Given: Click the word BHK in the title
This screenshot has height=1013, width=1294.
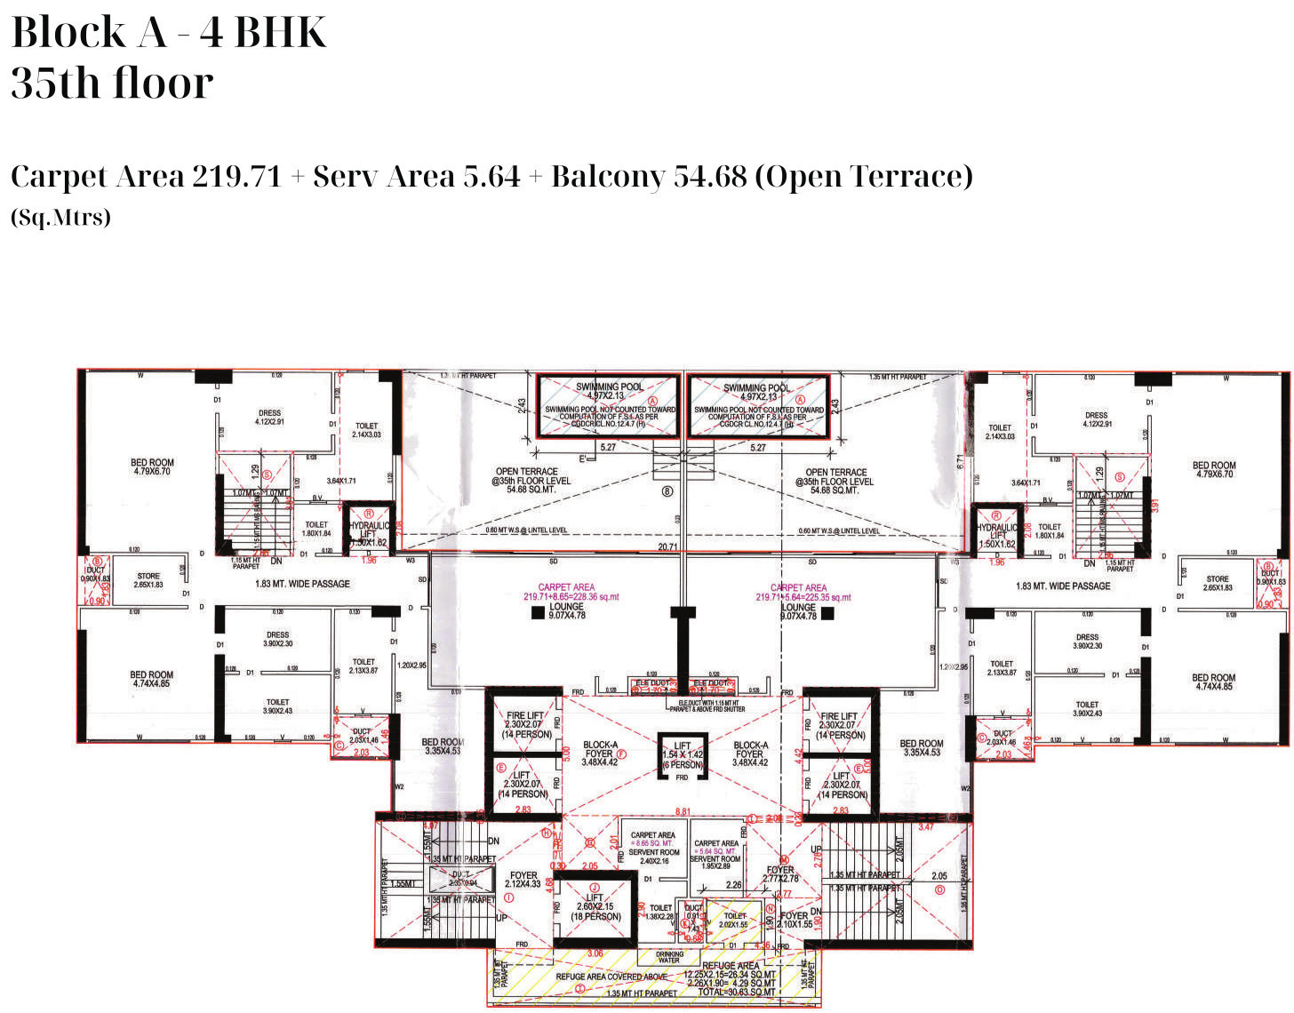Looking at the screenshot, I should (281, 33).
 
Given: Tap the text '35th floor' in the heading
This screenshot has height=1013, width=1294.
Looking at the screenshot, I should (112, 83).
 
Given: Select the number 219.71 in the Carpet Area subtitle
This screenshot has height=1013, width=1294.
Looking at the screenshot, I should (236, 176).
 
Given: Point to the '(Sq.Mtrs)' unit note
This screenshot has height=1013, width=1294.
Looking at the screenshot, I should (60, 217).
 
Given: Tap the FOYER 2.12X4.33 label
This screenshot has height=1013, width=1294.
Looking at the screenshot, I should (523, 880).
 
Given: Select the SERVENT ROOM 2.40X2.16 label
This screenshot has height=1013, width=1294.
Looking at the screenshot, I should (654, 857).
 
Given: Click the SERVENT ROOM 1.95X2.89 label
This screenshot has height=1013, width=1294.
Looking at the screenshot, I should (715, 862).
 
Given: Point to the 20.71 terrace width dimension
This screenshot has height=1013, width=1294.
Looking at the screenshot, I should (667, 547).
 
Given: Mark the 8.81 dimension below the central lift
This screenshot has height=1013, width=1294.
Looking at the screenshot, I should (683, 812).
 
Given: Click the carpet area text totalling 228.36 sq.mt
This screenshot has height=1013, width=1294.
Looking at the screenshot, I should (566, 596).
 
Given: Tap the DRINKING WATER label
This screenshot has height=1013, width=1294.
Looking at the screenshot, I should (669, 957).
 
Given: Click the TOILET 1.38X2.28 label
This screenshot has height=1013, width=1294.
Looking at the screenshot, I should (660, 912).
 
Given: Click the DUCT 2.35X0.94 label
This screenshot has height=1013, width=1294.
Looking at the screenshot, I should (462, 879).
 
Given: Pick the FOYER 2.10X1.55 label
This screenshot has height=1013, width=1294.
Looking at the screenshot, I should (795, 920).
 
